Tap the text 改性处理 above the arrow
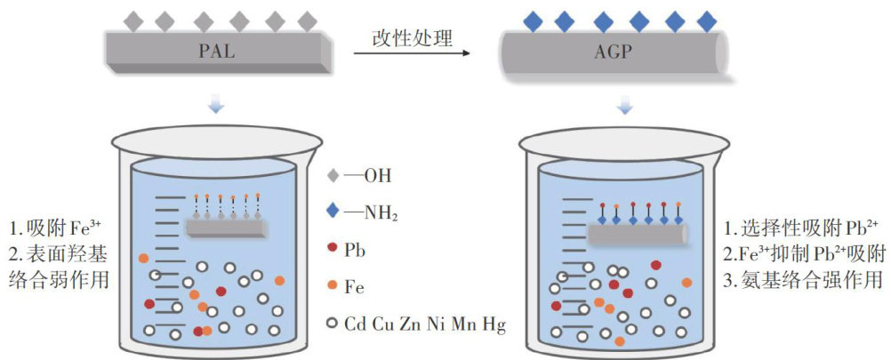412,37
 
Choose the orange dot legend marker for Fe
332,288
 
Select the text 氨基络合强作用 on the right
806,281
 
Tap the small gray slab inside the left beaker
227,227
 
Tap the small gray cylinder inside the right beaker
638,234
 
